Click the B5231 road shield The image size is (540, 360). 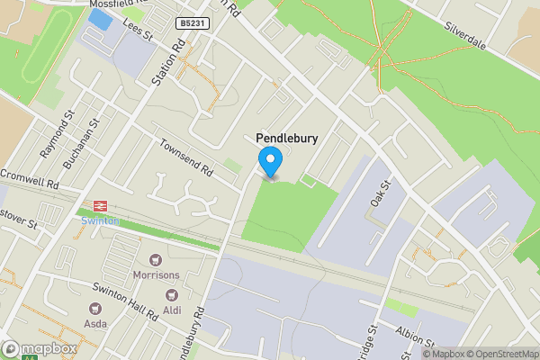193,22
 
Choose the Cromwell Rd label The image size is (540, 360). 29,176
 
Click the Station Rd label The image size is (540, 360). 168,60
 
